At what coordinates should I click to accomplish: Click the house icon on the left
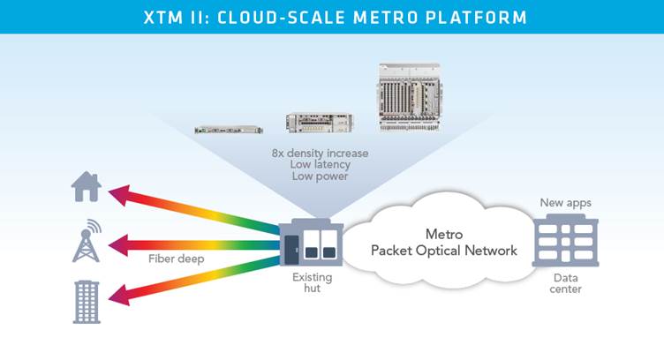click(87, 188)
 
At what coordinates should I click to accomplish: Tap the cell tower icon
click(86, 239)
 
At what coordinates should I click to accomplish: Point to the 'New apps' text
click(565, 203)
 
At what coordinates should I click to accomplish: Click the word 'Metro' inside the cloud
click(444, 235)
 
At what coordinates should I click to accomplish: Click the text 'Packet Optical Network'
click(444, 251)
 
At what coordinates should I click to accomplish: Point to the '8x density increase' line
click(321, 153)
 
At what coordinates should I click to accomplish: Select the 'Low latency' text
click(321, 165)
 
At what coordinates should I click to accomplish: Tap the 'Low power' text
click(321, 177)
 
